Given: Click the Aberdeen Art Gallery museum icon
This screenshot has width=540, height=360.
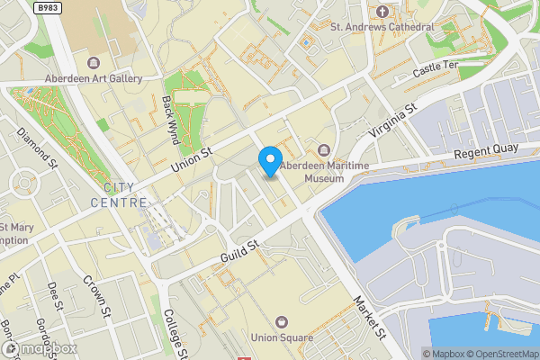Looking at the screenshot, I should click(x=94, y=62).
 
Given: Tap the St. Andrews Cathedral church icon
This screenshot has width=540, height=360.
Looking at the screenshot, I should click(x=382, y=12).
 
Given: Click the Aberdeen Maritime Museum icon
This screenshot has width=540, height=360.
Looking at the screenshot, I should click(x=324, y=149).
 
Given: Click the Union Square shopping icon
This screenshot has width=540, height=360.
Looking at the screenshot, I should click(x=283, y=321).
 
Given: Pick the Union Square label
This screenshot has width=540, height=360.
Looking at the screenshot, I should click(x=283, y=338).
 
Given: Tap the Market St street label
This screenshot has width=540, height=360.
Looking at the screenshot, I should click(x=369, y=318).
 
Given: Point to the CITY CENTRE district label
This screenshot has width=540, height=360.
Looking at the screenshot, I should click(x=118, y=195).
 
